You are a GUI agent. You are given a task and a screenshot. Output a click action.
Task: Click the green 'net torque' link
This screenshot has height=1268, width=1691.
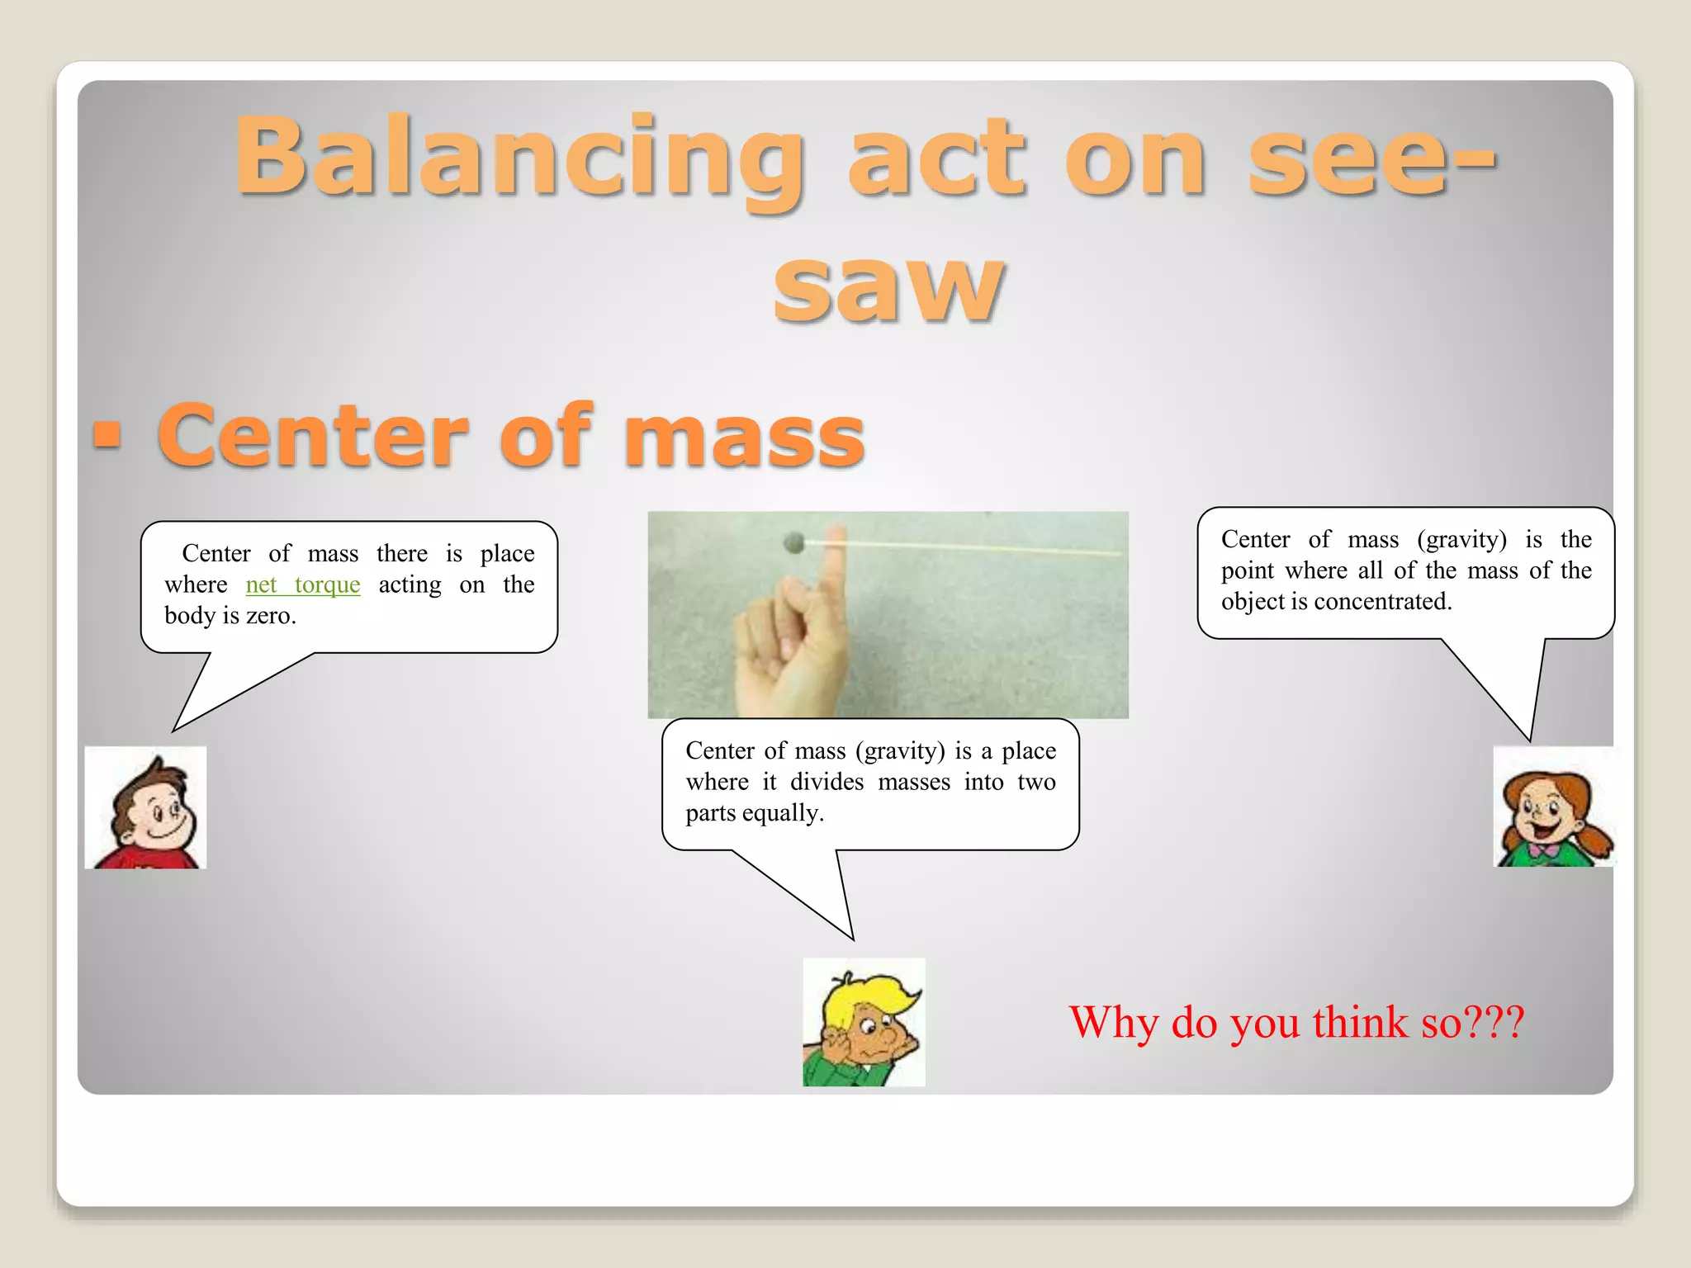tap(302, 584)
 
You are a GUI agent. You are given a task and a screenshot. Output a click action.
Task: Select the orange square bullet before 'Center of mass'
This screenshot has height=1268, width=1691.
tap(107, 434)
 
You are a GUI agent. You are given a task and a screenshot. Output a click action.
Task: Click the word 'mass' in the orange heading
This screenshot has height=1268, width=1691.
tap(743, 435)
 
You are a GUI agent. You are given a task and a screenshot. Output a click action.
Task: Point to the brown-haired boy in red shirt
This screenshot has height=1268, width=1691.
tap(145, 807)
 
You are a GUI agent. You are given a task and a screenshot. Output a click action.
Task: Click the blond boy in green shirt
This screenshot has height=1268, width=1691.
tap(864, 1022)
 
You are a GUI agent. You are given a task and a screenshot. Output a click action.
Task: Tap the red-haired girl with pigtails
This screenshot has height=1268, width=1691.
tap(1553, 807)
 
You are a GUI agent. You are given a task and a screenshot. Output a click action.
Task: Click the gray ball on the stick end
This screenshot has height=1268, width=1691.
tap(793, 542)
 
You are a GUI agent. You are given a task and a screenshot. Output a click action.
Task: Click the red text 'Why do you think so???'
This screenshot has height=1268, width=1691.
tap(1295, 1022)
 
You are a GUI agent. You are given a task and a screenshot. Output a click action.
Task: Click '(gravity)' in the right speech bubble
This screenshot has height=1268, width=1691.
tap(1461, 539)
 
